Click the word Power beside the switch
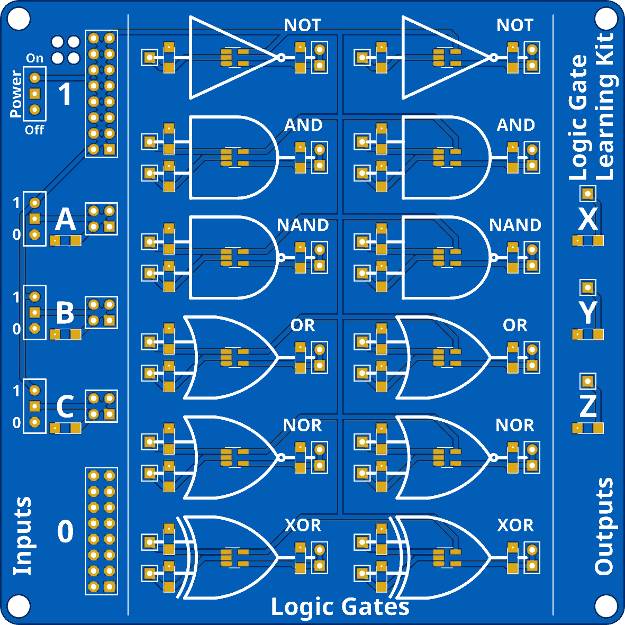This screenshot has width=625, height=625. click(16, 94)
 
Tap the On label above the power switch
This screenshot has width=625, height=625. click(35, 58)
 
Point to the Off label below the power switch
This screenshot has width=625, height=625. click(35, 130)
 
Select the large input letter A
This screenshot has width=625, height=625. click(66, 219)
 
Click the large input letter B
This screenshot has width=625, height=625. click(66, 313)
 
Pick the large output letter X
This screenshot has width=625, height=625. click(588, 219)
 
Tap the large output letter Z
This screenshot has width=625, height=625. click(588, 406)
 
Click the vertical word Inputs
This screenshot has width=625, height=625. click(23, 536)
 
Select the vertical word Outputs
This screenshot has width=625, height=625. click(603, 527)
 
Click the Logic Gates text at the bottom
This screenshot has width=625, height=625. click(340, 607)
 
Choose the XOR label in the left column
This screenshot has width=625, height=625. click(303, 525)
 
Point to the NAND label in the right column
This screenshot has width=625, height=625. click(515, 225)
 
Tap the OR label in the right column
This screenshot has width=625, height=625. click(515, 325)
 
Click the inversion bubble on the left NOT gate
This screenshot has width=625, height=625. click(281, 58)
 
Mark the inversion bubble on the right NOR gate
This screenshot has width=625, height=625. click(493, 458)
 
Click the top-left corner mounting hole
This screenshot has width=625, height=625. click(19, 19)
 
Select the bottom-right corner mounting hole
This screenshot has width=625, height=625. click(606, 606)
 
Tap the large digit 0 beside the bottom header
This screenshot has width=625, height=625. click(66, 531)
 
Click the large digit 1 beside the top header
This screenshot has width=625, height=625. click(65, 94)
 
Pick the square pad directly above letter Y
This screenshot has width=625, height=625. click(588, 288)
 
